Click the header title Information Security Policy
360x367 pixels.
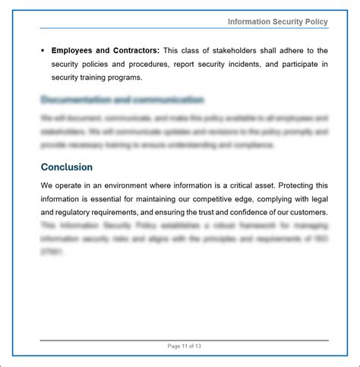pos(277,21)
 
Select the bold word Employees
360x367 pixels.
pos(74,50)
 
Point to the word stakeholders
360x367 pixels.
pos(240,50)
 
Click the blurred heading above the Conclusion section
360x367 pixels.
pos(122,100)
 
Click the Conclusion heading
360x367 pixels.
pos(67,166)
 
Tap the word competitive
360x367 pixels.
pos(219,199)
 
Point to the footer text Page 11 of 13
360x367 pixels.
pos(184,346)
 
